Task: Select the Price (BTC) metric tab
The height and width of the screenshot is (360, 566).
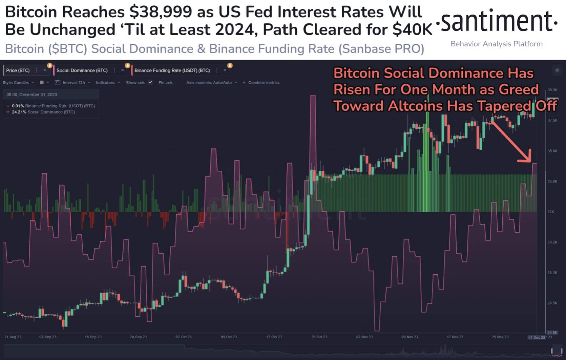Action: click(x=18, y=70)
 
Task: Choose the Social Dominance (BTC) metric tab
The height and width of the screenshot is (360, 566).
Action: click(x=82, y=70)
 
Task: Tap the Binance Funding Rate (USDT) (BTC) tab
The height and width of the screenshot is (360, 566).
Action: click(x=172, y=70)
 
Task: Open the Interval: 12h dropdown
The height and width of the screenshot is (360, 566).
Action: click(x=74, y=83)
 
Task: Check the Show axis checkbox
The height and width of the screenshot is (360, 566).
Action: click(x=150, y=83)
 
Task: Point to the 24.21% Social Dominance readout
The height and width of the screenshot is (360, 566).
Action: click(x=43, y=112)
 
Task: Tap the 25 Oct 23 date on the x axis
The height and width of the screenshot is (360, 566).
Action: click(x=319, y=337)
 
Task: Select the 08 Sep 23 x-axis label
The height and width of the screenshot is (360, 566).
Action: click(x=48, y=337)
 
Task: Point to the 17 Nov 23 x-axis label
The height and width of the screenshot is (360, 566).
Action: click(x=455, y=337)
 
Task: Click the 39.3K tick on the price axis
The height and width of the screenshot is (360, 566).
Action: click(x=552, y=90)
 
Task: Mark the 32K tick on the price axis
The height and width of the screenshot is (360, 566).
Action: click(x=551, y=212)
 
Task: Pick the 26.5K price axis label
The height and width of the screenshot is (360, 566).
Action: click(x=552, y=303)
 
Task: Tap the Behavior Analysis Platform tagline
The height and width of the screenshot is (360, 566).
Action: click(x=497, y=44)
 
